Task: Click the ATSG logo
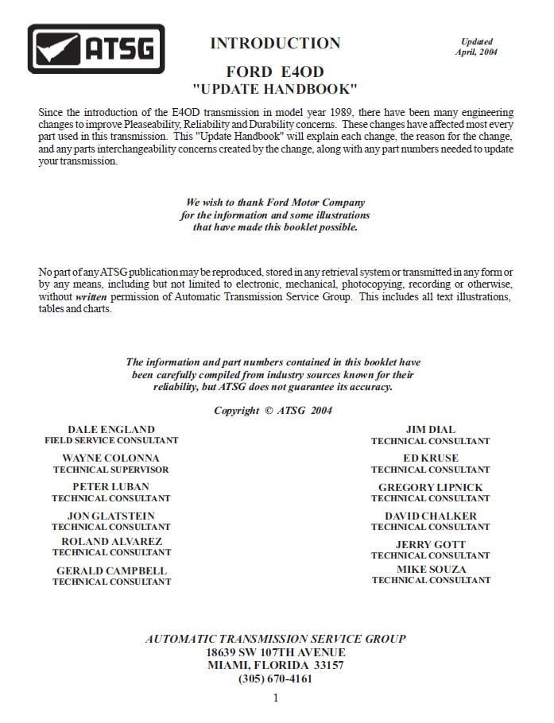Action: tap(96, 49)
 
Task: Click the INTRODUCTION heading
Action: tap(275, 44)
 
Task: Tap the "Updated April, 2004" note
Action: tap(476, 47)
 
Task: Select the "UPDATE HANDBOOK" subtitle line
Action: tap(275, 88)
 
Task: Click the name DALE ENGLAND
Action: tap(111, 430)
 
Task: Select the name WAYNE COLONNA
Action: tap(111, 458)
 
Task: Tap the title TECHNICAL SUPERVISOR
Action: tap(111, 470)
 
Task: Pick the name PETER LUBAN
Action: tap(111, 487)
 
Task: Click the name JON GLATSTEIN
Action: tap(111, 516)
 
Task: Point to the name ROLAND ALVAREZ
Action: tap(111, 542)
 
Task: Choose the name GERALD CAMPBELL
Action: tap(111, 570)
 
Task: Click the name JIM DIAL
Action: tap(430, 430)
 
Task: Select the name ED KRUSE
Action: tap(430, 458)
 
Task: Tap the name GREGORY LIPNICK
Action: tap(430, 487)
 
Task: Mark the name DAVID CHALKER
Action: tap(430, 516)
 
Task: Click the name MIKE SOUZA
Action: tap(431, 570)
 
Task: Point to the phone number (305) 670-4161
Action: tap(275, 679)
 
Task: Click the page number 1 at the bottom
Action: tap(276, 698)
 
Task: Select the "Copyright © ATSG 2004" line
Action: tap(273, 411)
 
